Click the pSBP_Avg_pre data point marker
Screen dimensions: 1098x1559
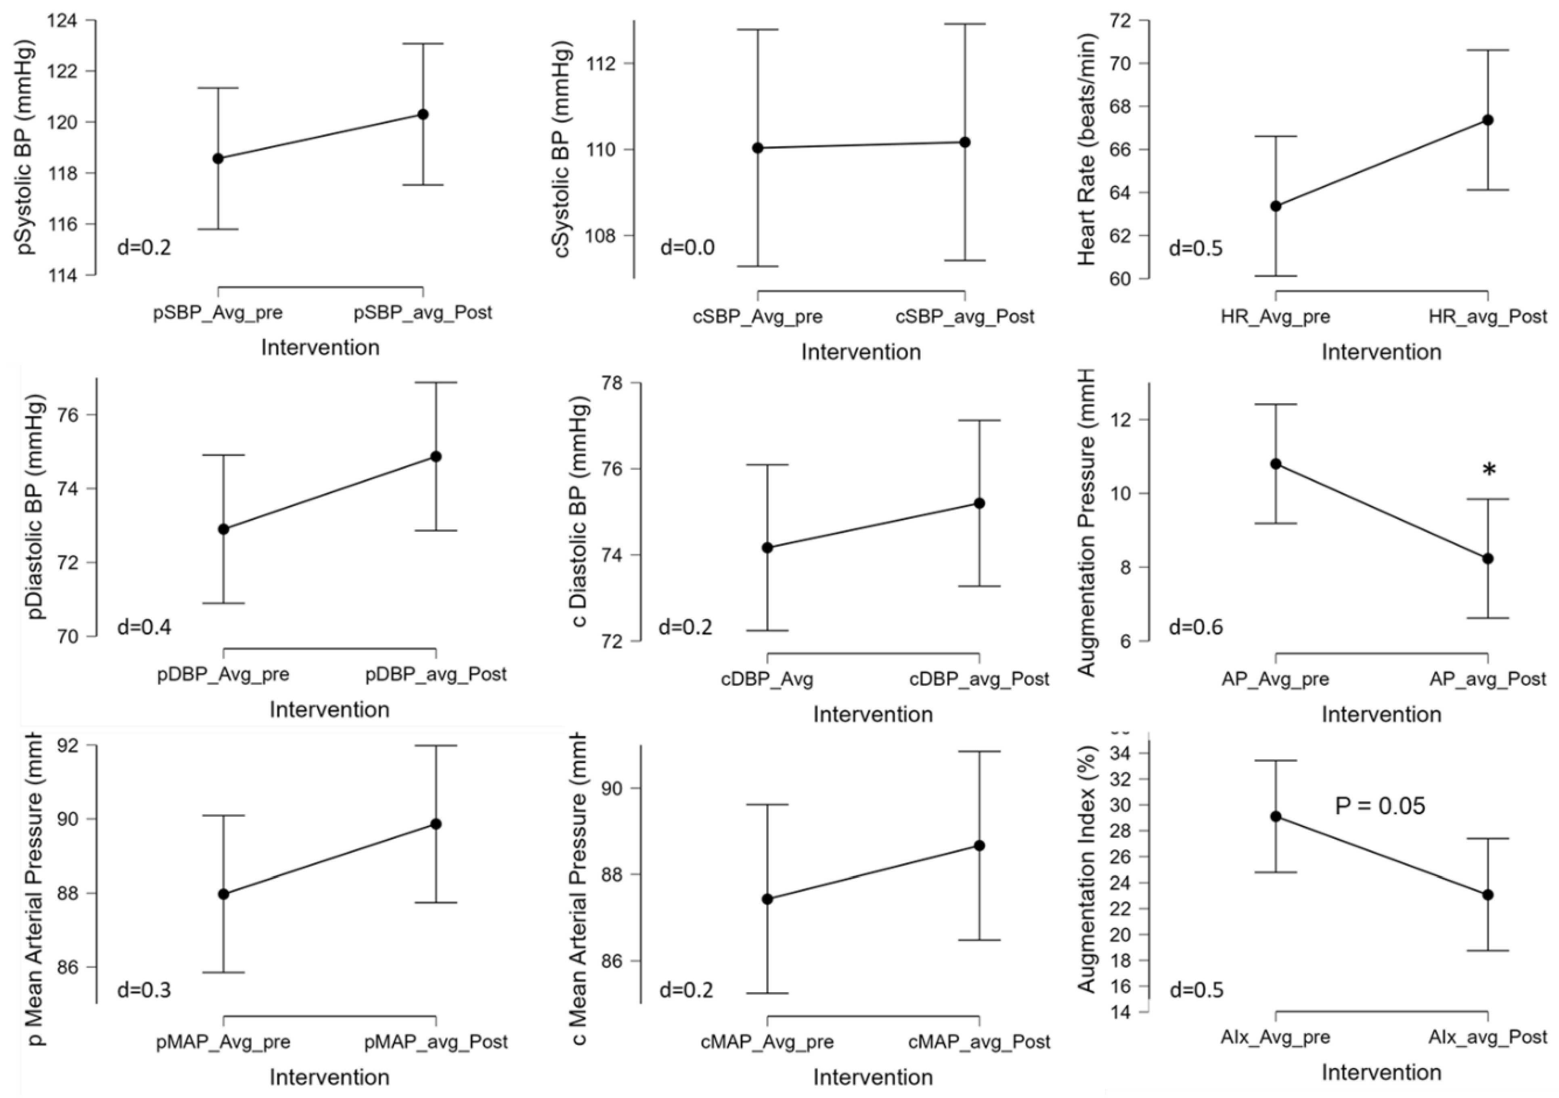[218, 158]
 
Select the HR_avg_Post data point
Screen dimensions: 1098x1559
[1488, 120]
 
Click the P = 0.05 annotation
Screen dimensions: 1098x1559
[1380, 806]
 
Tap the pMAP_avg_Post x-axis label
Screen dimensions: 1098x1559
[436, 1041]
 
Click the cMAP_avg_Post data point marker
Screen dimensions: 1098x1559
[979, 845]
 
